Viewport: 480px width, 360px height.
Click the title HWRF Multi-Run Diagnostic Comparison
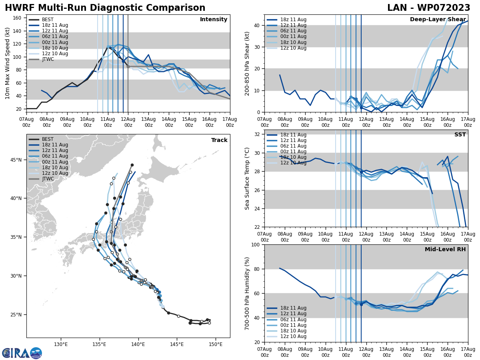[105, 8]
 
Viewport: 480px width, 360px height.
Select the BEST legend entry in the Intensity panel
[48, 20]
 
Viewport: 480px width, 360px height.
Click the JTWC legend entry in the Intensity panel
[48, 59]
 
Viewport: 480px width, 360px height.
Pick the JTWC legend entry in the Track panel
[48, 179]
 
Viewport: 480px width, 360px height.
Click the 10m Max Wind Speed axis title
[7, 63]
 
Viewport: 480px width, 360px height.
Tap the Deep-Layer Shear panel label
[438, 20]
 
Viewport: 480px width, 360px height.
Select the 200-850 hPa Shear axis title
[247, 63]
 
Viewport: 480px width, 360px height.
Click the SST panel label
[460, 135]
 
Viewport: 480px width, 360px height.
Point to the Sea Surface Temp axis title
[247, 178]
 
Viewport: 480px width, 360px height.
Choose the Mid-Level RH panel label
[445, 250]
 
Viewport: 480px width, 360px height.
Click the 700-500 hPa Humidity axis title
[247, 293]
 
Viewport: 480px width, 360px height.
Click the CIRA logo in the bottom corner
[22, 353]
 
